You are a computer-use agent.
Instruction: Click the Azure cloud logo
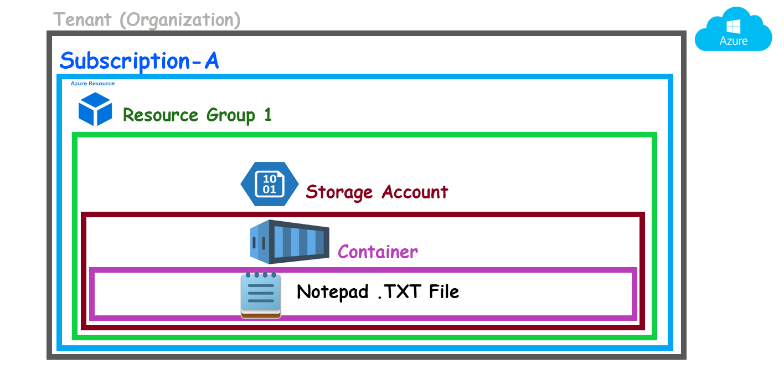[x=733, y=30]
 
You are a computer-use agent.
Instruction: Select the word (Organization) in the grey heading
[x=180, y=21]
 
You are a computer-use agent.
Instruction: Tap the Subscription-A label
[x=139, y=60]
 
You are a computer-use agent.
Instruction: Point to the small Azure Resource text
[x=92, y=84]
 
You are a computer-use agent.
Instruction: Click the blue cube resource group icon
[x=95, y=109]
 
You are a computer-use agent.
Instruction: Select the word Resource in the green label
[x=160, y=115]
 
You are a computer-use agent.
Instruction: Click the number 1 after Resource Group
[x=267, y=115]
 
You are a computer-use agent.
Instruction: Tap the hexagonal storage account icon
[x=269, y=184]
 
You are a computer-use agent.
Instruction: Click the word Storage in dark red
[x=339, y=192]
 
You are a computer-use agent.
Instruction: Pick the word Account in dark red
[x=415, y=192]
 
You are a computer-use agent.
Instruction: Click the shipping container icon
[x=289, y=242]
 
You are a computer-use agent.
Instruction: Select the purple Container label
[x=378, y=252]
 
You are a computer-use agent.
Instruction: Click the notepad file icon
[x=261, y=295]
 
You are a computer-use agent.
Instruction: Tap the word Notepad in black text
[x=333, y=292]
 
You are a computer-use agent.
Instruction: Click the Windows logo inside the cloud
[x=734, y=26]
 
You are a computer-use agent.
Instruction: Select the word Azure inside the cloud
[x=734, y=41]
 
